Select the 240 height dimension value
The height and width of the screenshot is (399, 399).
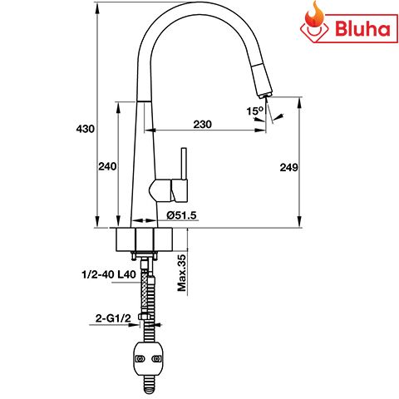click(107, 166)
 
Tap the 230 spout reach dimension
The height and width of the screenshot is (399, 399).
click(202, 124)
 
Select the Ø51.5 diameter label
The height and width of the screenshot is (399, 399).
click(181, 215)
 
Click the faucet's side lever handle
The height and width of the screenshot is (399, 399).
click(184, 175)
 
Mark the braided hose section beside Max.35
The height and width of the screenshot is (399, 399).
click(148, 283)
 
